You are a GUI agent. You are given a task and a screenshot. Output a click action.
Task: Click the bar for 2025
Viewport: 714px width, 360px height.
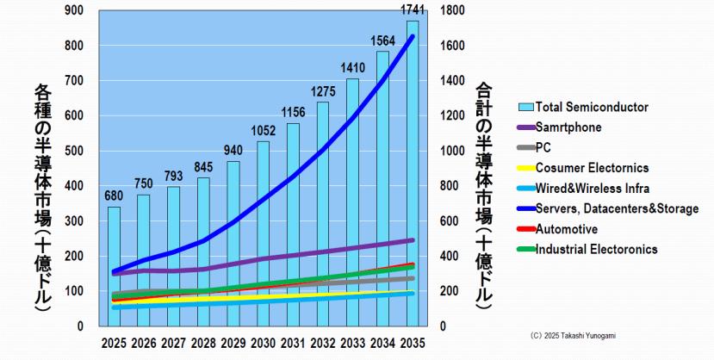pos(114,266)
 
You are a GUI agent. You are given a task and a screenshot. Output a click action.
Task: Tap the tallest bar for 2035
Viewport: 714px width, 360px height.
pos(413,172)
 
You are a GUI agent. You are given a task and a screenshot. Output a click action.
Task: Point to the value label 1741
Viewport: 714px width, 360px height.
pos(413,11)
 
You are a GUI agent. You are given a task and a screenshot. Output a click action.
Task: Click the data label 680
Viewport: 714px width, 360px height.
pos(114,196)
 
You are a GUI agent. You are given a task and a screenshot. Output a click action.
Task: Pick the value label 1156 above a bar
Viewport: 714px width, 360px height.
pos(293,112)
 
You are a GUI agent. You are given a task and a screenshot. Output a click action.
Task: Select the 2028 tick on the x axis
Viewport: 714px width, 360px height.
pos(203,342)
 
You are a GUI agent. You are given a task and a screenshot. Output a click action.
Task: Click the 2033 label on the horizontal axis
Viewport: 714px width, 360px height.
pos(352,342)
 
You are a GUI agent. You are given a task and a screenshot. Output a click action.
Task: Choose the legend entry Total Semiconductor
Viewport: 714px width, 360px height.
pos(592,108)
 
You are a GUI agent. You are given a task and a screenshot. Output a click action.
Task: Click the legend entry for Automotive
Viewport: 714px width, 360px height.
pos(566,230)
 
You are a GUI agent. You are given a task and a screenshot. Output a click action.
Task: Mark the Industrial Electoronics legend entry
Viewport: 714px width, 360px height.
pos(596,250)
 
